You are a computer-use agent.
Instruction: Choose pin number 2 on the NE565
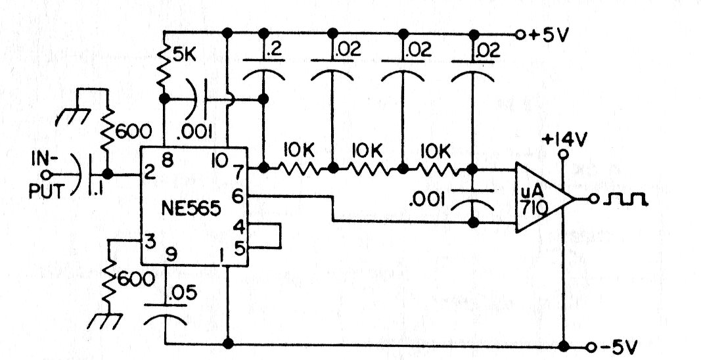point(150,173)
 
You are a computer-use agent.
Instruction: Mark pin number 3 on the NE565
point(150,240)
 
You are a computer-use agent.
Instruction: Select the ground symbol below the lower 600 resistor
point(102,323)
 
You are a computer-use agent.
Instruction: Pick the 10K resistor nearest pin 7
point(299,168)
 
